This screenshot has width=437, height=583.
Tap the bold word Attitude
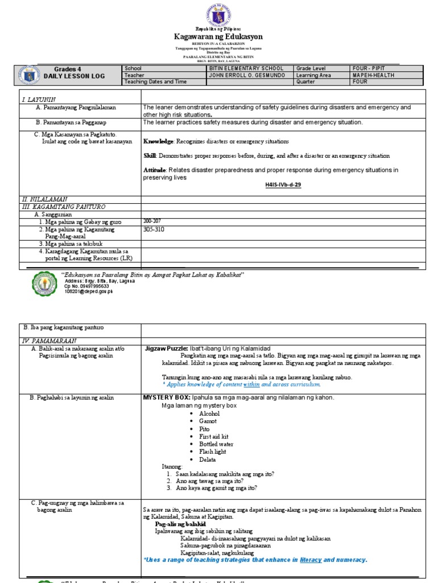click(x=154, y=170)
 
